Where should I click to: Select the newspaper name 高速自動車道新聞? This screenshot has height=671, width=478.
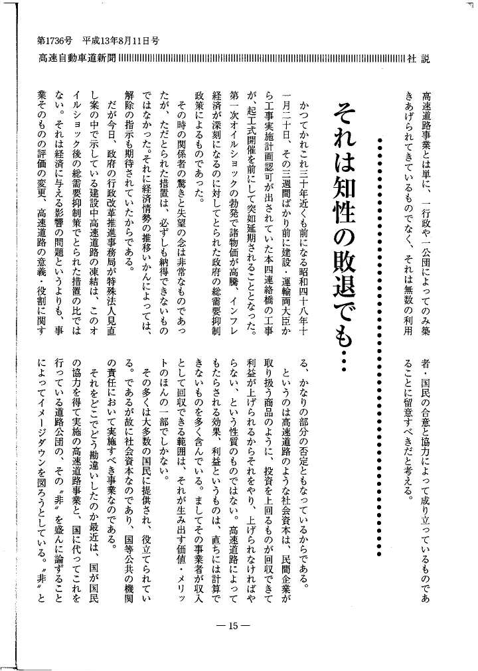click(x=77, y=60)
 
